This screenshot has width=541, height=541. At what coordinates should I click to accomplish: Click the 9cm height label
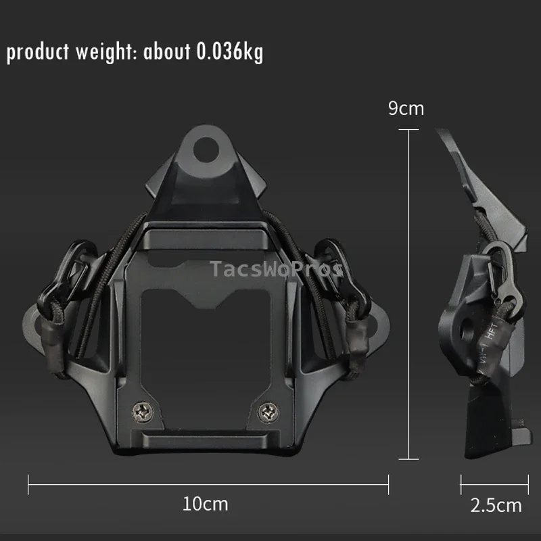click(x=406, y=108)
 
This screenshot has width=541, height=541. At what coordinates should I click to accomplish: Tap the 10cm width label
click(x=205, y=504)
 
